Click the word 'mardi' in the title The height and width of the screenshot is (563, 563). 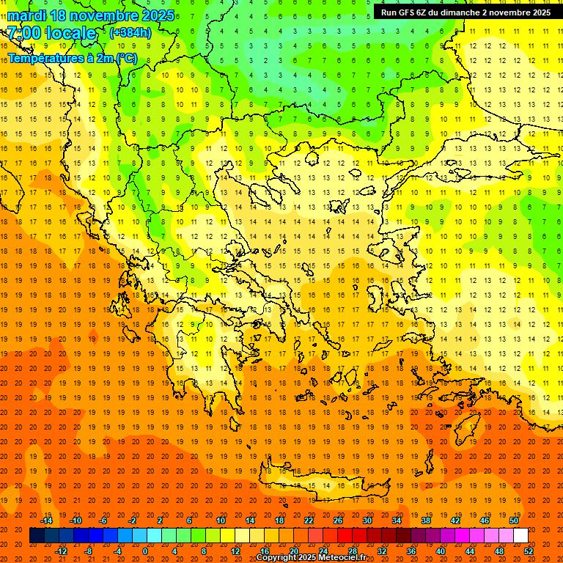point(24,15)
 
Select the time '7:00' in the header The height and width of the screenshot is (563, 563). point(23,33)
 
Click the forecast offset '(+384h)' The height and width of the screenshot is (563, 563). point(130,33)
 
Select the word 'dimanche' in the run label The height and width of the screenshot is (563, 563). point(460,12)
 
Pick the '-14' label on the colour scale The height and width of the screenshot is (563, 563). point(47,520)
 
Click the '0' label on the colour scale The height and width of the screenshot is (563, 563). point(145,551)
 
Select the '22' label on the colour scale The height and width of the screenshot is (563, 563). point(309,520)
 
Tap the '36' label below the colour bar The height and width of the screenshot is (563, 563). point(411,551)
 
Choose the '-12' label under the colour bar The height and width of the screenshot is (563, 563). point(62,551)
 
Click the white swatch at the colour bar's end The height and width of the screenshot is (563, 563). point(520,536)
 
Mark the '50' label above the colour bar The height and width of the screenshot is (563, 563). point(513,520)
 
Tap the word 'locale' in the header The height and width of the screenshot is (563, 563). point(71,33)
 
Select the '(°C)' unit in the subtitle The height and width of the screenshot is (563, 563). point(126,58)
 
